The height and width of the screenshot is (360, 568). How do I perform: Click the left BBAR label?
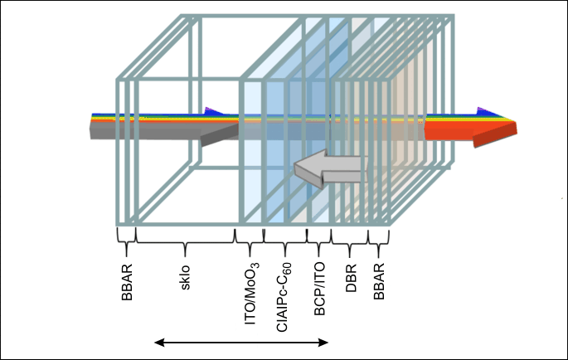coord(127,282)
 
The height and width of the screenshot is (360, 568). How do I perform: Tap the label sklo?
coord(185,278)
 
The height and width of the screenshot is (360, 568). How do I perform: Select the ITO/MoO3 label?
coord(252,293)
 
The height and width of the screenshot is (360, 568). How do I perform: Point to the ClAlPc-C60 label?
coord(284,297)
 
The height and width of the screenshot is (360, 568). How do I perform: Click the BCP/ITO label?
coord(319,289)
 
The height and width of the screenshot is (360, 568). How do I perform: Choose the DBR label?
coord(351,278)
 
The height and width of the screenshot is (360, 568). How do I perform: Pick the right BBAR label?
coord(379,281)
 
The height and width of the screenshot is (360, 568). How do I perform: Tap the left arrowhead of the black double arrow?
coord(160,343)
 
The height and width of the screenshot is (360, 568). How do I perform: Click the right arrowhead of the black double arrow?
coord(323,343)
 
